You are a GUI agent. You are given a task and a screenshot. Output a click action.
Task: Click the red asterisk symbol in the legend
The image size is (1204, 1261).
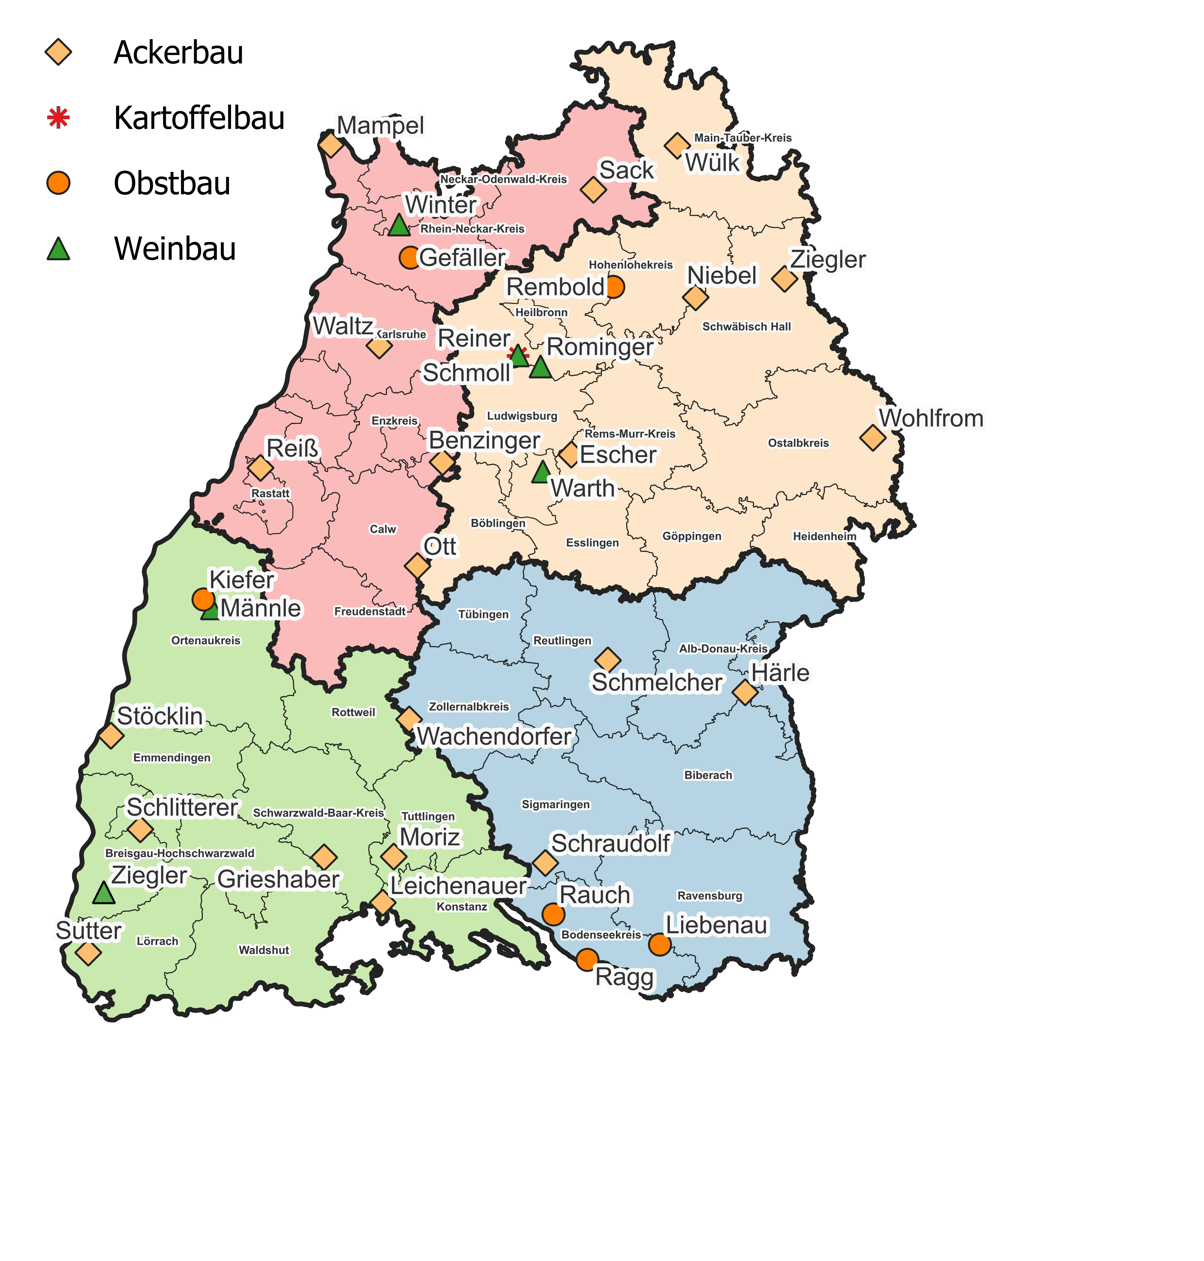pos(59,118)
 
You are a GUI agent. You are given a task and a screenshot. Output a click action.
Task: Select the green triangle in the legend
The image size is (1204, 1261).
pos(59,249)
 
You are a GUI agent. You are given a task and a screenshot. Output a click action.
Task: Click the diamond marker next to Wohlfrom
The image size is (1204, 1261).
pos(872,438)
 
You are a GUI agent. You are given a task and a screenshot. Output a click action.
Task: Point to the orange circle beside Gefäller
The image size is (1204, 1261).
pos(409,257)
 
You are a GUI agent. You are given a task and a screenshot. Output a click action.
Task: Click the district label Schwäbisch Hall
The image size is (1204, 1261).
pos(747,327)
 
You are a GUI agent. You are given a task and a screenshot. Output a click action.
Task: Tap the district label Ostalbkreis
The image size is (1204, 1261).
pos(798,443)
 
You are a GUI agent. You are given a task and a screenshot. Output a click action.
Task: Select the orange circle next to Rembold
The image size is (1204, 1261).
pos(614,287)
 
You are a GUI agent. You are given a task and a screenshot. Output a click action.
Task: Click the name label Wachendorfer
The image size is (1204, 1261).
pos(494,736)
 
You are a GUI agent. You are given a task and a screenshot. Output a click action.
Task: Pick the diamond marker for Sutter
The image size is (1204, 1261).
pos(88,953)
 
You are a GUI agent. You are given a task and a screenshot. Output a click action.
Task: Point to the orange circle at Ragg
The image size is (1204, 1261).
pos(587,959)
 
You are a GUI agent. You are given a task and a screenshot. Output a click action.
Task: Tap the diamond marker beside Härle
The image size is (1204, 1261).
pos(744,692)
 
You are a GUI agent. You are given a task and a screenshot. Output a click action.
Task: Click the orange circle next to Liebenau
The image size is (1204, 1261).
pos(659,945)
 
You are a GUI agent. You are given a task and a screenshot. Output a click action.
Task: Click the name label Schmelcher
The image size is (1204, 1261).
pos(657,683)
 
